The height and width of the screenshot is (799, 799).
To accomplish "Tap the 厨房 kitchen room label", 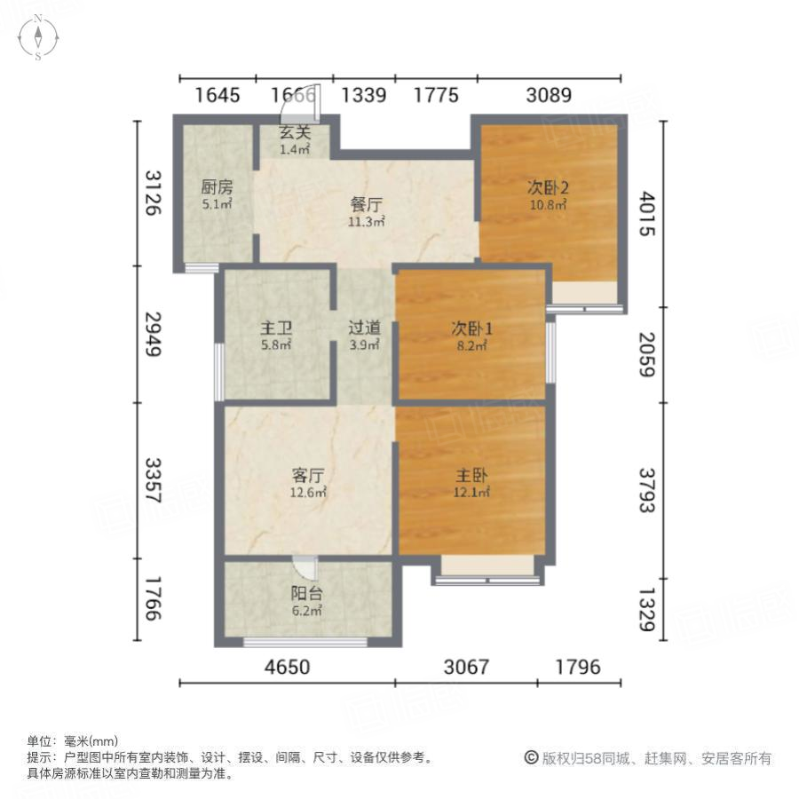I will pos(216,187).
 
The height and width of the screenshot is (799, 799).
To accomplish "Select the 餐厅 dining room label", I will pos(366,204).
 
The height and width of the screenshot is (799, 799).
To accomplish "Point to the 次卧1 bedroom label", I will pos(471,328).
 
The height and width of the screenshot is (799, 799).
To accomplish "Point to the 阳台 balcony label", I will pos(305,595).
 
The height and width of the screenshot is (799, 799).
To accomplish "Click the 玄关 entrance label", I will pos(295,133).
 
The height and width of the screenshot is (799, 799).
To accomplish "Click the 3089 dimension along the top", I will pos(548,95).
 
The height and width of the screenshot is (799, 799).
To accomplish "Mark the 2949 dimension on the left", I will pos(154,334).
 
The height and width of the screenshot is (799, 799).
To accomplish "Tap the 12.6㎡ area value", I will pos(308,492).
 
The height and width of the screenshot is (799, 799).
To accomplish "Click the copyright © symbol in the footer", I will pos(532,757).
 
